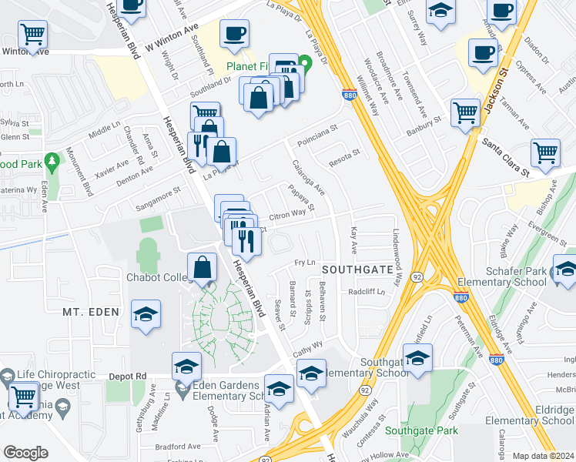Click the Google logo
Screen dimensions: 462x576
[25, 453]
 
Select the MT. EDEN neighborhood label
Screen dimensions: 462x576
[92, 312]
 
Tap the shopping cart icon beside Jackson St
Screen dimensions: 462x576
[466, 112]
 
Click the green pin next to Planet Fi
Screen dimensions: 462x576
[305, 63]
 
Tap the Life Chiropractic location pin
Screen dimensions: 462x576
[8, 375]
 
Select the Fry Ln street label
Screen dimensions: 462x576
[306, 263]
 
